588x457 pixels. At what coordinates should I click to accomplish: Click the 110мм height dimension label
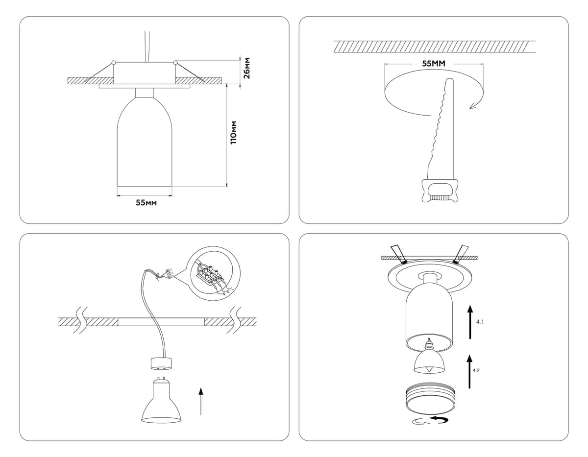(x=234, y=132)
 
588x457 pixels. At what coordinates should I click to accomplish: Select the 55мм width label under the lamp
(x=146, y=203)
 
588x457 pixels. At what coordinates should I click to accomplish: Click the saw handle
(x=440, y=191)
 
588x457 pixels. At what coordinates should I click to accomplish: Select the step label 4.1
(x=481, y=322)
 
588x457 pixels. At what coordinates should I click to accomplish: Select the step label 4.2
(x=476, y=370)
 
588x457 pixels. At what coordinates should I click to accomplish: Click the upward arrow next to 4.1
(x=470, y=322)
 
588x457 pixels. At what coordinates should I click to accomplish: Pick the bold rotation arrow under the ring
(x=439, y=420)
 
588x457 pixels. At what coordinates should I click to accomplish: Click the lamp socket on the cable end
(x=161, y=363)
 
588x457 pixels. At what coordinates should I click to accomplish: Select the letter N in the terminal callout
(x=223, y=293)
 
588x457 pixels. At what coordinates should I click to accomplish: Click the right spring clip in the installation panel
(x=461, y=253)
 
